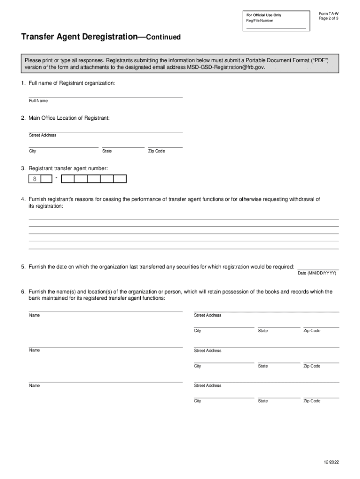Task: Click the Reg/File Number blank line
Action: (276, 28)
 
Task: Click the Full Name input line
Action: (106, 96)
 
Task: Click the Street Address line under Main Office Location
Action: (106, 131)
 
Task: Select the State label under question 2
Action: (107, 151)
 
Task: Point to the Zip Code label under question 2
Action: (157, 151)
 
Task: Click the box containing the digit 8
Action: (35, 179)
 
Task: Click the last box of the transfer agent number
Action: (120, 179)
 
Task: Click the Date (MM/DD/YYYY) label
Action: (317, 273)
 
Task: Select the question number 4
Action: (23, 199)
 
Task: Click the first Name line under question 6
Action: (106, 311)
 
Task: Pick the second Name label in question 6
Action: (34, 350)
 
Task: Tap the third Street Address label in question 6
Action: (208, 385)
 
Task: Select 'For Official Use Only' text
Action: (264, 15)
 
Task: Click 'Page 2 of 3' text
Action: (329, 18)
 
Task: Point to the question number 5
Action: (23, 267)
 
